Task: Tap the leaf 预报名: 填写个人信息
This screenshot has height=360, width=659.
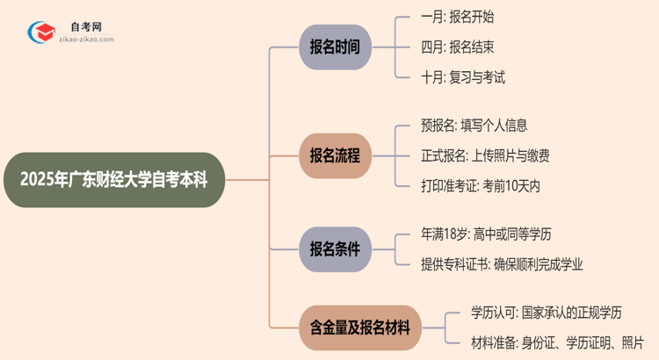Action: [x=474, y=126]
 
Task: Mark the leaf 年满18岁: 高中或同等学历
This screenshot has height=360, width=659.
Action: [x=487, y=234]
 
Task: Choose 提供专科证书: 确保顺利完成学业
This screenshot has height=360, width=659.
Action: [x=502, y=263]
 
